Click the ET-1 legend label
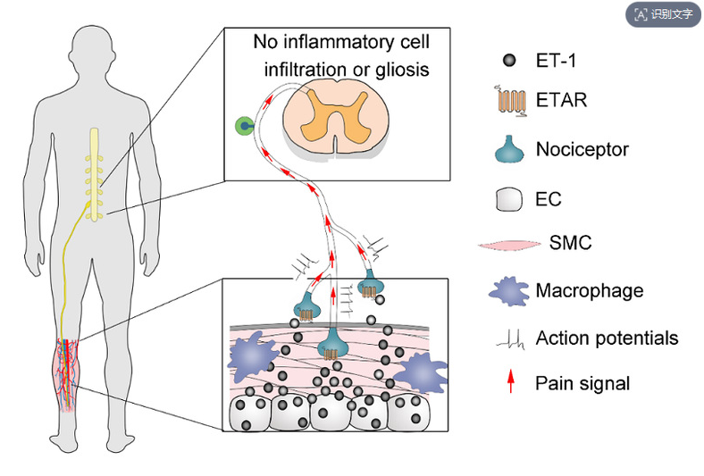tap(557, 61)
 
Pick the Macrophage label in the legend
tap(590, 290)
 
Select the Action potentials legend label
tap(607, 338)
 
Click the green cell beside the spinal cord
tap(243, 128)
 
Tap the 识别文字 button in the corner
tap(663, 14)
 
